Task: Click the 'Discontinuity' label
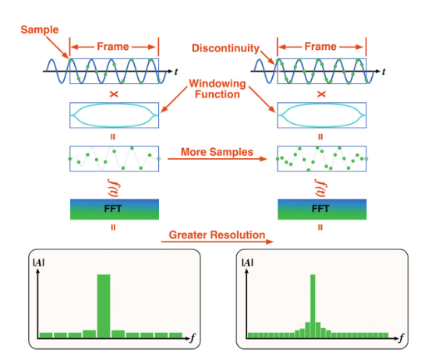pyautogui.click(x=223, y=47)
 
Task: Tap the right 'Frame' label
pyautogui.click(x=320, y=47)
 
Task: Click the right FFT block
pyautogui.click(x=320, y=210)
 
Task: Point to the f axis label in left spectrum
pyautogui.click(x=192, y=340)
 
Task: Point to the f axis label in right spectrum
pyautogui.click(x=400, y=340)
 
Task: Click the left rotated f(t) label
pyautogui.click(x=113, y=185)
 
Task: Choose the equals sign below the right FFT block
pyautogui.click(x=320, y=228)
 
